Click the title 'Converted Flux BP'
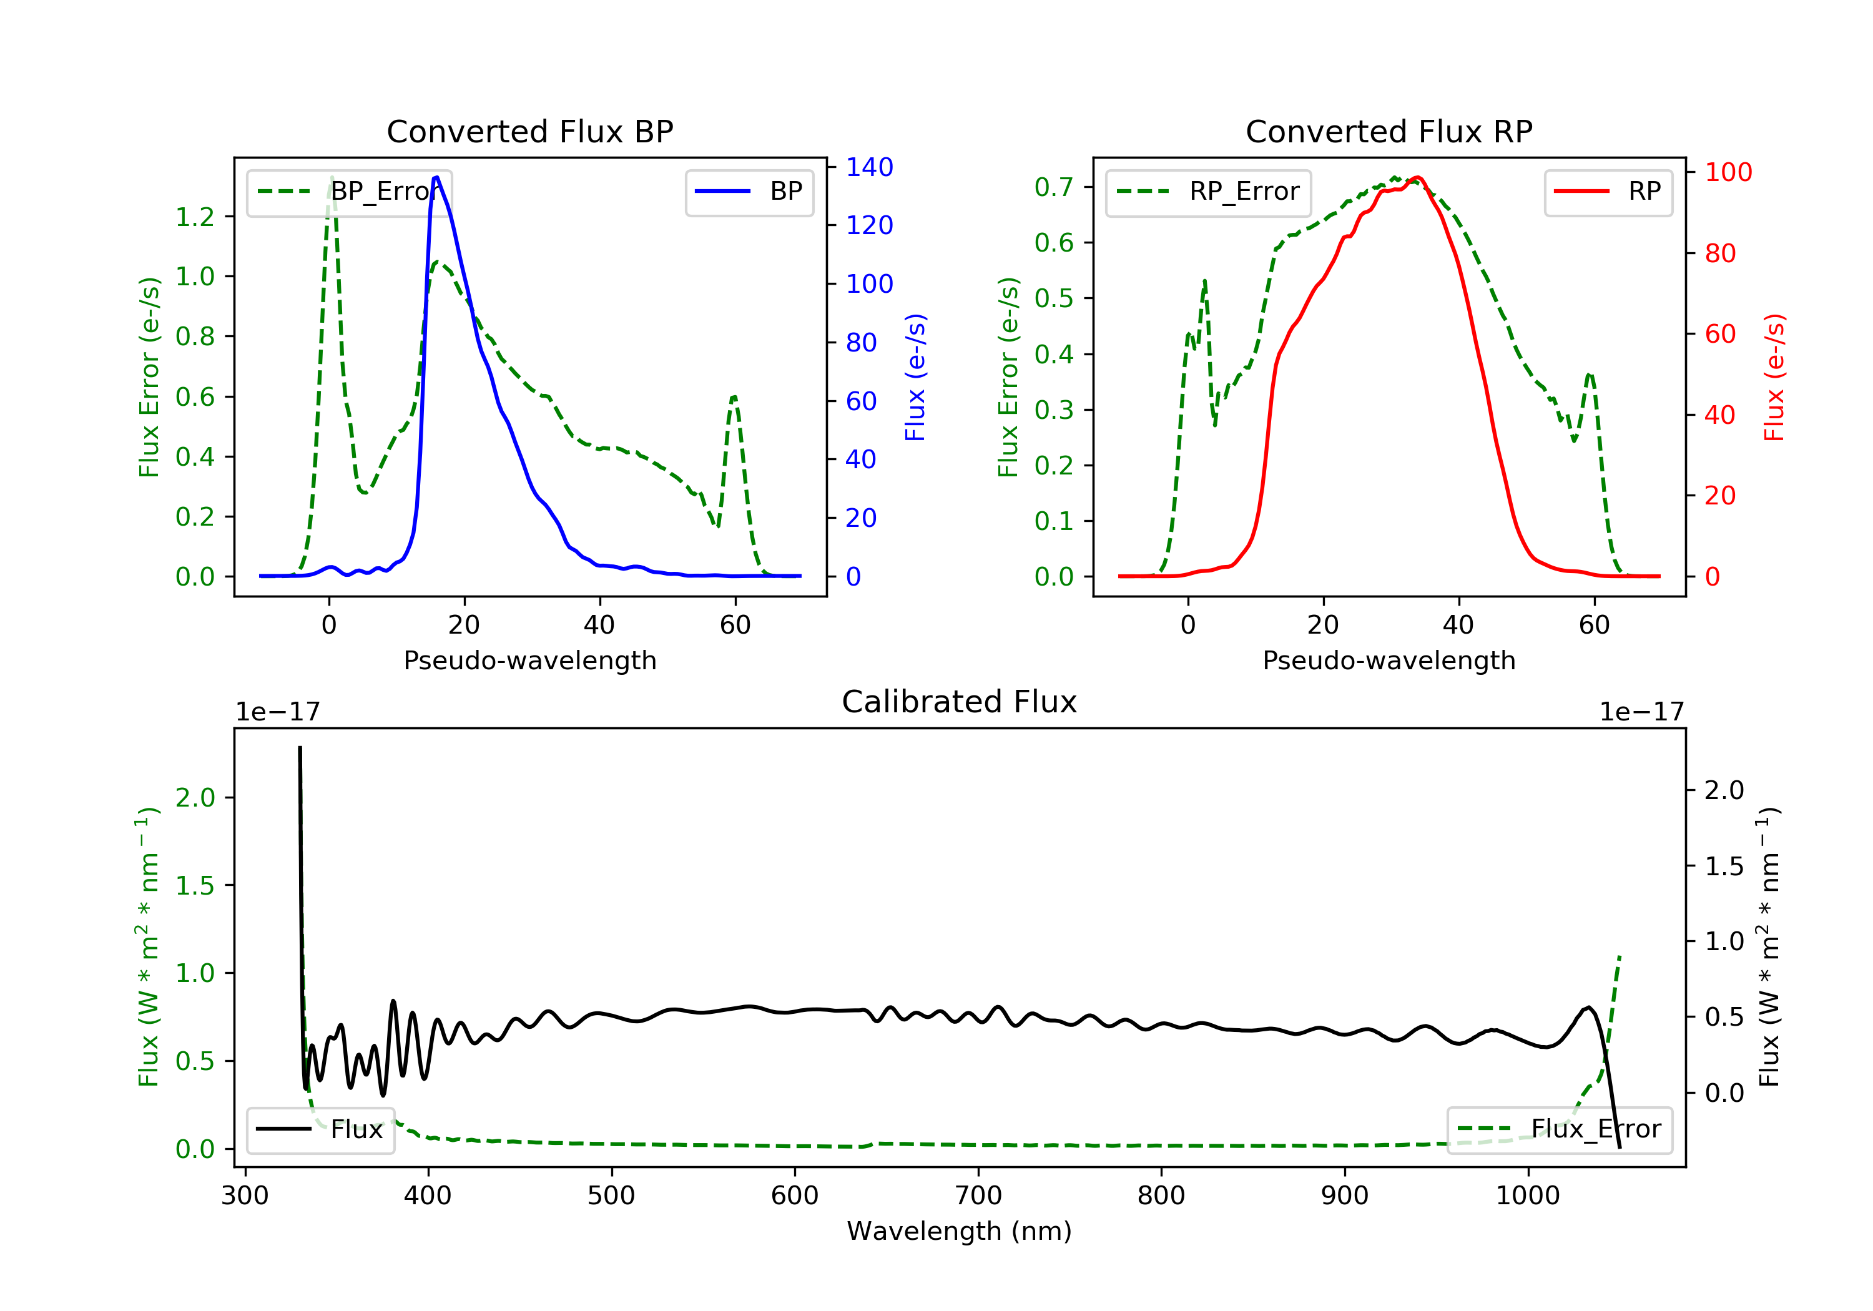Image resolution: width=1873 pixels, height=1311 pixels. tap(529, 131)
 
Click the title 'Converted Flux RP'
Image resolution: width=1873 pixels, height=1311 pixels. tap(1389, 131)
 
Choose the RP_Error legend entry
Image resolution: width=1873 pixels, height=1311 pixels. tap(1208, 192)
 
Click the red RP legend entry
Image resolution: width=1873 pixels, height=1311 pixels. tap(1608, 192)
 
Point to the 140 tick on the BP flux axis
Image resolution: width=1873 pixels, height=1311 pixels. tap(869, 167)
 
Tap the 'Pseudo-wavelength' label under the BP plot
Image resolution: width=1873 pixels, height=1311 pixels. tap(529, 660)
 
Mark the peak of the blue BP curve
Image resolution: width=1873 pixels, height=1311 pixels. tap(437, 177)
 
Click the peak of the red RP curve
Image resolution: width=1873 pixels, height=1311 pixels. tap(1418, 177)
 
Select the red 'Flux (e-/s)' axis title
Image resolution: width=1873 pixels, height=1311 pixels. tap(1774, 377)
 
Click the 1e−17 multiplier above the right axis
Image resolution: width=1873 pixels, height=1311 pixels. tap(1641, 712)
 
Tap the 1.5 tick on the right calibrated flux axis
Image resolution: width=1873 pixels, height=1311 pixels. tap(1724, 867)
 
